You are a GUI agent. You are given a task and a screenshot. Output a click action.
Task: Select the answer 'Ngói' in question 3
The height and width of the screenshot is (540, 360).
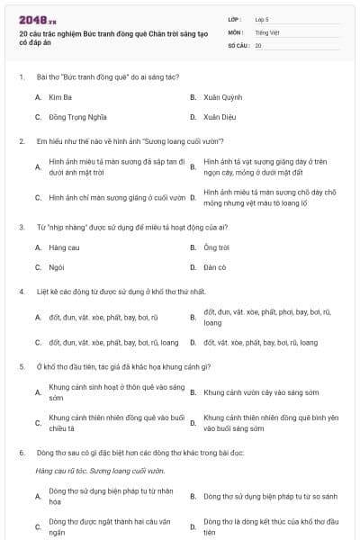coord(57,267)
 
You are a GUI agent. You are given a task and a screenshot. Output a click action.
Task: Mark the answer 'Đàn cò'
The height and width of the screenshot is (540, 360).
coord(215,267)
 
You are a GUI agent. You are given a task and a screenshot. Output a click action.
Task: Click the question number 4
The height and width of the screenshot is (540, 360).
coord(21,292)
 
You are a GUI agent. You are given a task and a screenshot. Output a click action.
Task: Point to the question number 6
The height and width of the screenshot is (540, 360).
coord(21,454)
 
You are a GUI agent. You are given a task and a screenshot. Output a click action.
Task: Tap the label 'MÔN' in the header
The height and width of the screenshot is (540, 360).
coord(236,32)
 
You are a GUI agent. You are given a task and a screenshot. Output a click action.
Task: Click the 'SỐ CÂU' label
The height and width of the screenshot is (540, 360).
coord(238,45)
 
